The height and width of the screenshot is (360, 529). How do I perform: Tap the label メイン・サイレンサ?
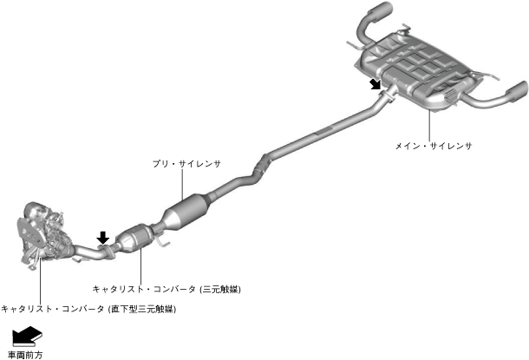pyautogui.click(x=432, y=146)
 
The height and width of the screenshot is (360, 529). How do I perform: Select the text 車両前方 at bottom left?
pyautogui.click(x=24, y=354)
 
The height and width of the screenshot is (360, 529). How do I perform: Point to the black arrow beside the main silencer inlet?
pyautogui.click(x=375, y=83)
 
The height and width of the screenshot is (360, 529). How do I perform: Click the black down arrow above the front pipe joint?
pyautogui.click(x=103, y=237)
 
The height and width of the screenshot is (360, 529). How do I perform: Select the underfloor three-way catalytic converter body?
pyautogui.click(x=136, y=239)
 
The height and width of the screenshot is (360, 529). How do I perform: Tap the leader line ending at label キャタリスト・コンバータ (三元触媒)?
pyautogui.click(x=139, y=265)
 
